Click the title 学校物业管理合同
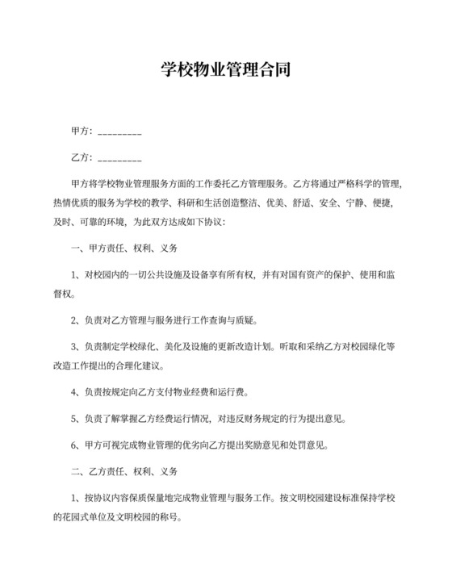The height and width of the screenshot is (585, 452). coord(225,70)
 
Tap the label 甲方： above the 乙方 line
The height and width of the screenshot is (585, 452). coord(83,132)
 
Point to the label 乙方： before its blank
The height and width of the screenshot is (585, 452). coord(83,158)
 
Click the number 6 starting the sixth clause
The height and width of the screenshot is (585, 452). coord(74,445)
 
